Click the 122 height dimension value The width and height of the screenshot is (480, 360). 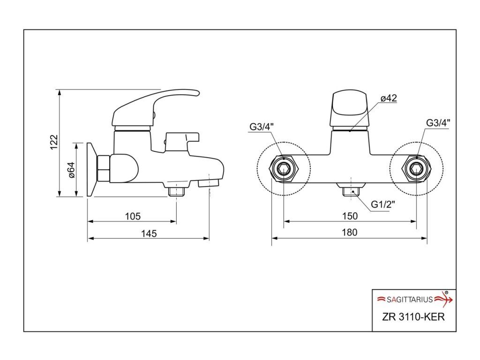(53, 142)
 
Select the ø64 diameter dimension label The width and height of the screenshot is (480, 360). (71, 170)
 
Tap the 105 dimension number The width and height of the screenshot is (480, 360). (133, 217)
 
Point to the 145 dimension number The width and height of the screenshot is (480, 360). (149, 233)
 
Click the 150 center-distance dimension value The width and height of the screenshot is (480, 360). (350, 216)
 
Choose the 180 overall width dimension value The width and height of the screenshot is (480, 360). (350, 232)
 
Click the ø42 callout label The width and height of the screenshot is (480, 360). (389, 98)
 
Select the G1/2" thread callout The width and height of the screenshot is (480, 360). (383, 204)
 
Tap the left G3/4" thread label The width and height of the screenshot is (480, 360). (262, 126)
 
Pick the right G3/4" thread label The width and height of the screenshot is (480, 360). (438, 123)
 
